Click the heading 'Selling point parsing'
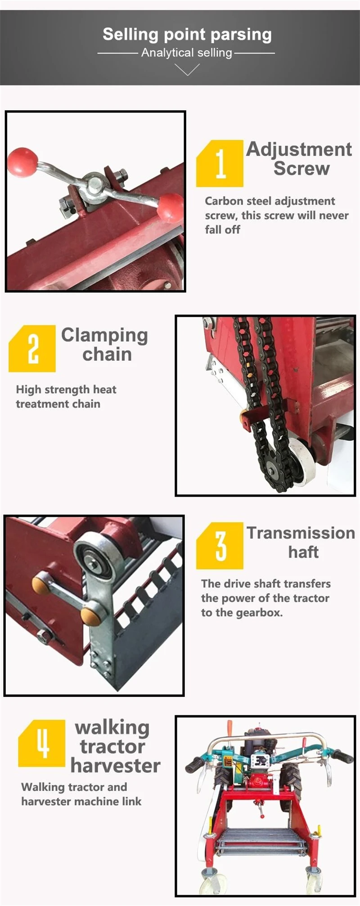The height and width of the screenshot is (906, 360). (187, 35)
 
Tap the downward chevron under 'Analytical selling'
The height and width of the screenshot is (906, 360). (187, 69)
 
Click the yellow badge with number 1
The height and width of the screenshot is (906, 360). (220, 163)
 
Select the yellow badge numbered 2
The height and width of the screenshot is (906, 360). (32, 349)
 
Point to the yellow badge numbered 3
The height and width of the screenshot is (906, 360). (220, 546)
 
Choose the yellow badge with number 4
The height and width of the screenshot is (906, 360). (42, 743)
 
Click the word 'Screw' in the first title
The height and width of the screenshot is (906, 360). (301, 169)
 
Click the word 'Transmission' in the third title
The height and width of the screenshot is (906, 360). (301, 533)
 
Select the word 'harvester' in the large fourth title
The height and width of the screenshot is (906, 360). (115, 766)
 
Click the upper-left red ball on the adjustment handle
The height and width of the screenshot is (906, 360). (22, 162)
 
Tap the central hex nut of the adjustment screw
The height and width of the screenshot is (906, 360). (95, 184)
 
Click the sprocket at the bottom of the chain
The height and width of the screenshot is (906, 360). (272, 471)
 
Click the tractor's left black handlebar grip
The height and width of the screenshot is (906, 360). (194, 764)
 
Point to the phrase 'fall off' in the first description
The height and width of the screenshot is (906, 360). (223, 229)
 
